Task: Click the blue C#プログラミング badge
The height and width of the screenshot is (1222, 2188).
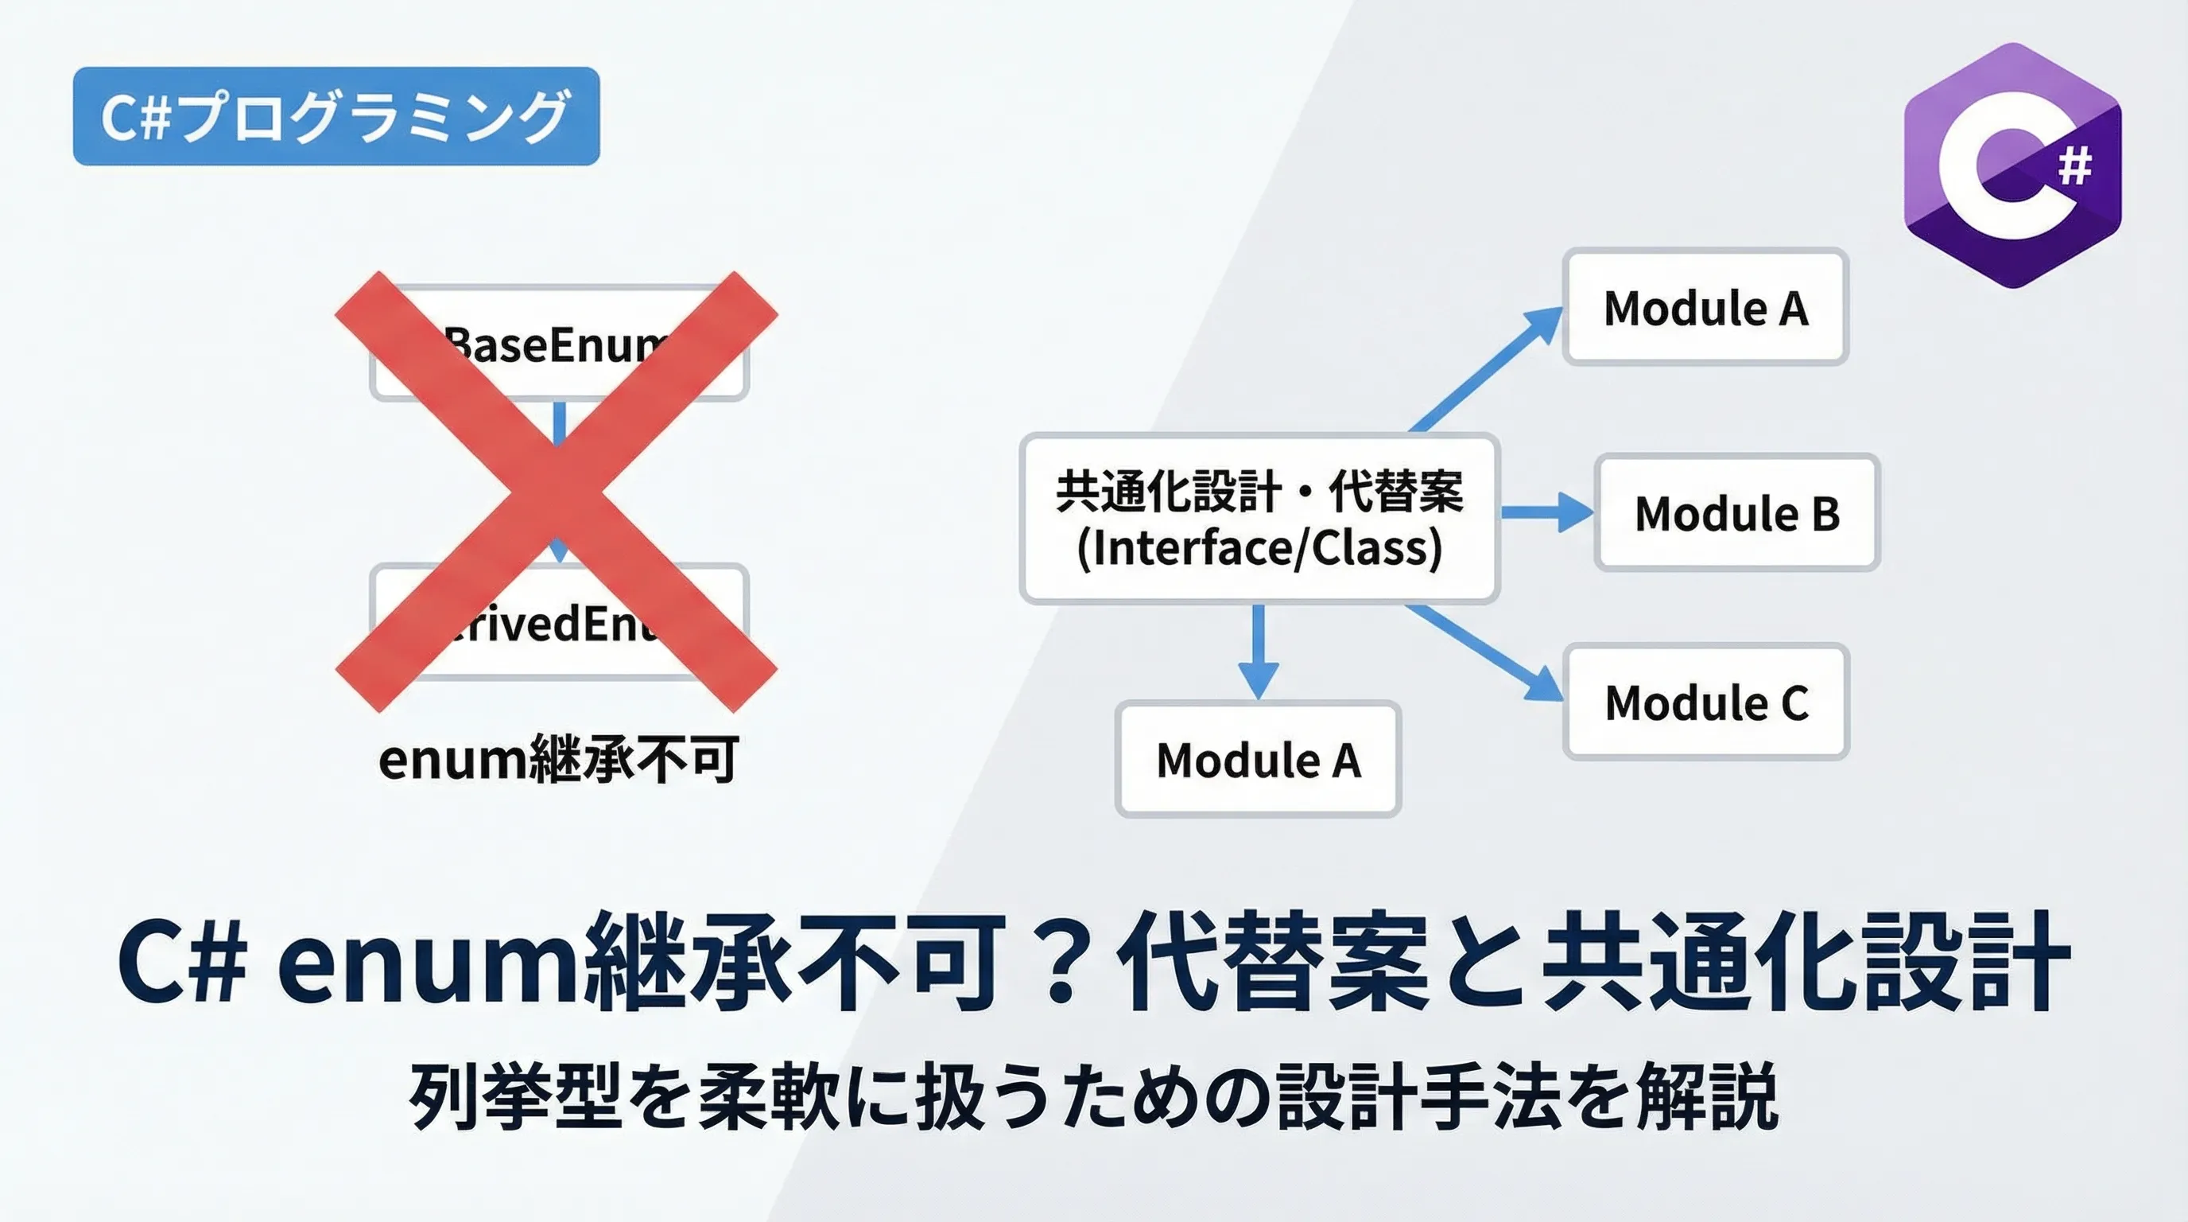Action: coord(336,116)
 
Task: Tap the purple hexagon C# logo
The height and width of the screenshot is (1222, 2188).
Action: coord(2012,165)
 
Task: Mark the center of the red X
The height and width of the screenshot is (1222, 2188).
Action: coord(557,491)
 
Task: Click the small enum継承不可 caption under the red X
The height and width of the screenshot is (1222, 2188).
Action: coord(558,759)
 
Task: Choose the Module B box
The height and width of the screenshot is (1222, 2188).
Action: coord(1737,513)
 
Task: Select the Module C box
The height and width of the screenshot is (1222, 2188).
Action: coord(1706,702)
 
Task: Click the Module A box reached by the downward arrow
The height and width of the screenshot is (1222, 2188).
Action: coord(1258,760)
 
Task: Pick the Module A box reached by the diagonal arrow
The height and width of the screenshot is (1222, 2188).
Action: coord(1705,308)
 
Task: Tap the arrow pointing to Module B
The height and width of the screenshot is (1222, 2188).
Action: coord(1546,512)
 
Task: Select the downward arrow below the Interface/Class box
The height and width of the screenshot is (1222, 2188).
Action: coord(1258,650)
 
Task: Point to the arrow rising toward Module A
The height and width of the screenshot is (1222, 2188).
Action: coord(1487,370)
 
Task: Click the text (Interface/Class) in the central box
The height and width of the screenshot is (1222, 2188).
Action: coord(1259,548)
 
